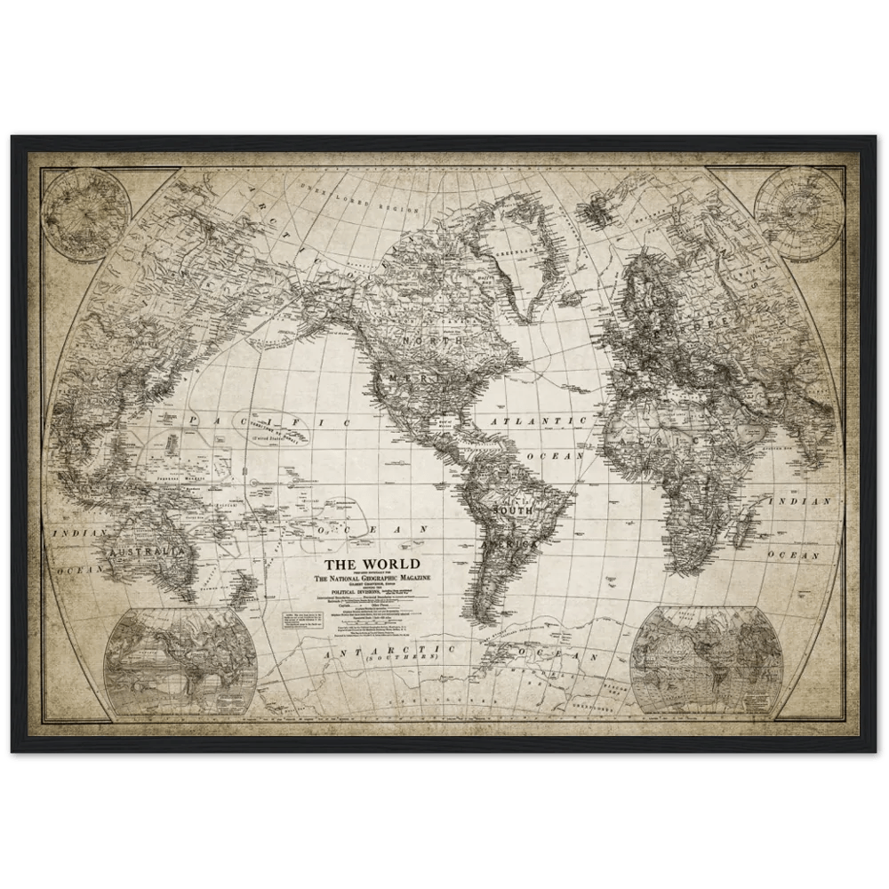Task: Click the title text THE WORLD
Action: [x=371, y=565]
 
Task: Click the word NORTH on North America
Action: [x=433, y=340]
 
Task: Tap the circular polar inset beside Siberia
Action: [x=86, y=214]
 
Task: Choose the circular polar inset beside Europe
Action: [x=797, y=212]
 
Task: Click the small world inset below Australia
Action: [x=180, y=661]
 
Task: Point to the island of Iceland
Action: [x=593, y=210]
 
